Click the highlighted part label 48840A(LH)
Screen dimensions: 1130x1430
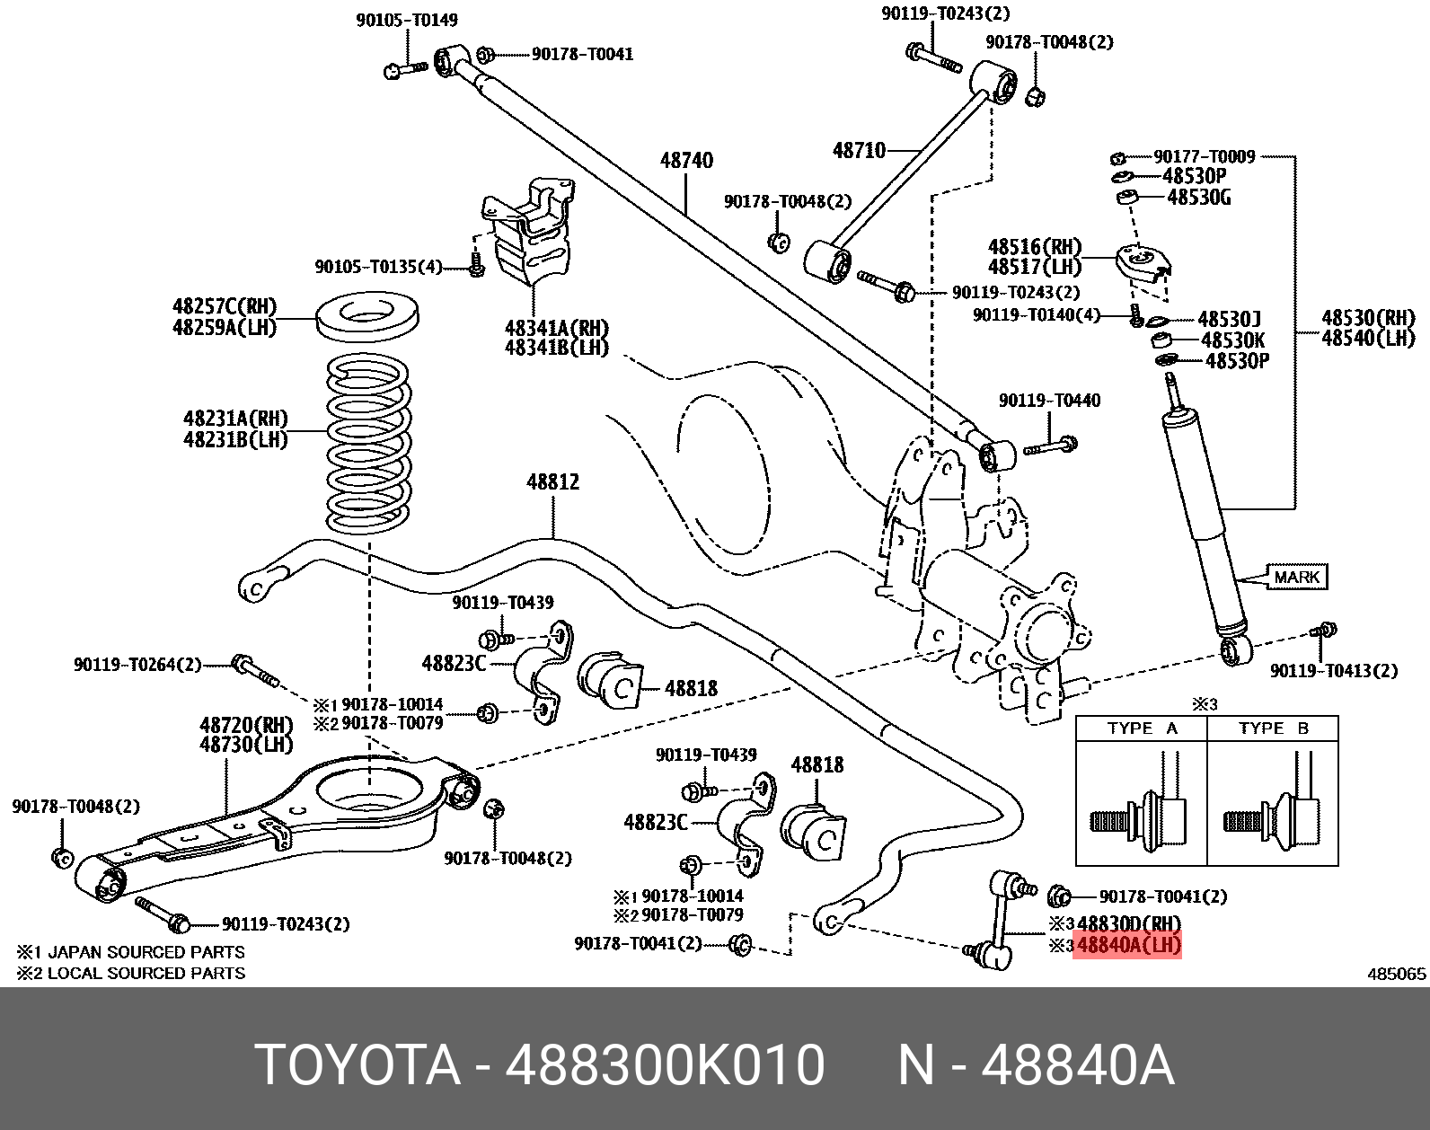click(1128, 945)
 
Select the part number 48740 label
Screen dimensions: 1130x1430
click(686, 161)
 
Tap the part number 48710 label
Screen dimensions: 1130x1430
click(859, 150)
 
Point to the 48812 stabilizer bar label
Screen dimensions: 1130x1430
click(552, 482)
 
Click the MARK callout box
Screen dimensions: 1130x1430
click(1296, 578)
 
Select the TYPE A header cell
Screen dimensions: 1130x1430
click(1142, 728)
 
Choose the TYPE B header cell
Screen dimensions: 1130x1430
click(1273, 728)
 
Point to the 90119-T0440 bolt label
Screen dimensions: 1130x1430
click(1048, 401)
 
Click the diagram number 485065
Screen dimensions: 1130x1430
click(1396, 973)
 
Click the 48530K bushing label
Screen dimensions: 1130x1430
click(1232, 340)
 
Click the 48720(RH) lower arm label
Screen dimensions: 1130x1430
click(234, 725)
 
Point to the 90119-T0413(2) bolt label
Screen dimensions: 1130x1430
click(1333, 671)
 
